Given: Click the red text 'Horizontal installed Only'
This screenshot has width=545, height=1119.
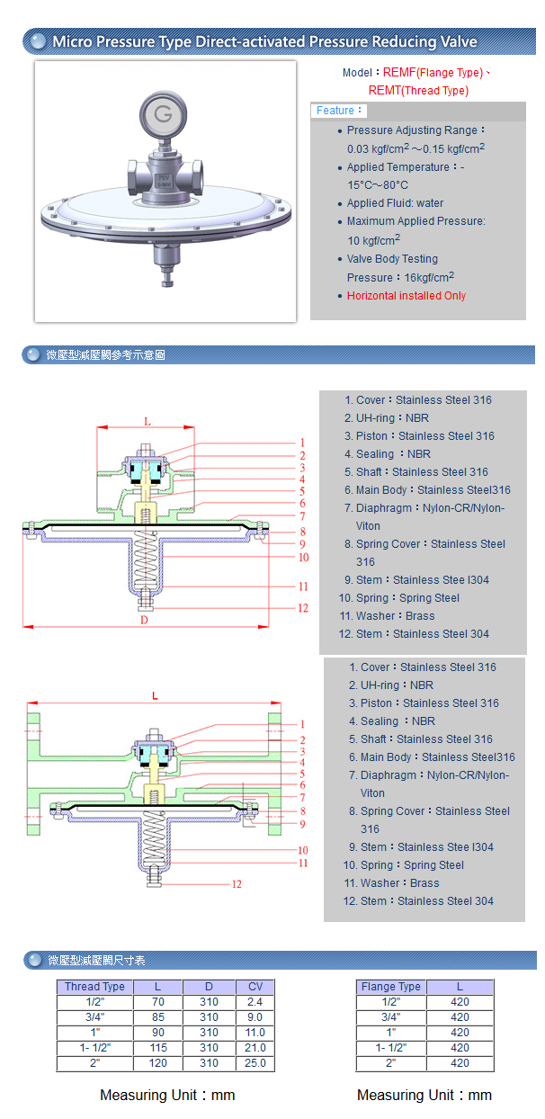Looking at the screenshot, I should [x=407, y=296].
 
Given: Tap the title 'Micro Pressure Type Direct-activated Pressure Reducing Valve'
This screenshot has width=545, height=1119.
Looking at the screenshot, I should [x=264, y=42].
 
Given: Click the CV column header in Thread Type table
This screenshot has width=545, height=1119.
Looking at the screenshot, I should [x=255, y=987].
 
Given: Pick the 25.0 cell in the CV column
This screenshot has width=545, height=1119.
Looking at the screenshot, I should [x=255, y=1063].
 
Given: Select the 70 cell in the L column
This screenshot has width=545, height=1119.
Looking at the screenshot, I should [x=157, y=1002].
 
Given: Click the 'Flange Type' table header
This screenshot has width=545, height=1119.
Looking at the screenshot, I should [x=390, y=987].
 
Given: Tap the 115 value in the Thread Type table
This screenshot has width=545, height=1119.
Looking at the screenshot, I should [x=157, y=1048].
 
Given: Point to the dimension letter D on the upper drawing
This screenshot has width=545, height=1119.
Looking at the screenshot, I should [x=144, y=619].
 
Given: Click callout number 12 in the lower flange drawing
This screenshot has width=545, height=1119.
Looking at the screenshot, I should [x=237, y=884].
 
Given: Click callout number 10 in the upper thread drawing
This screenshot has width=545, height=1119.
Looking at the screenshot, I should [x=303, y=558].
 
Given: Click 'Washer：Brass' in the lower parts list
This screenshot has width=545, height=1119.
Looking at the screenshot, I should [x=399, y=883].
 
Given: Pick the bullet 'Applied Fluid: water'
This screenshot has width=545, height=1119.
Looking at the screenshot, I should [x=395, y=203].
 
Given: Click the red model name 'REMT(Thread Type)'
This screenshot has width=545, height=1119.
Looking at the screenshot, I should [x=418, y=91].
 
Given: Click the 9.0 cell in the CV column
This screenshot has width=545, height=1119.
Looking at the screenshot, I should [x=255, y=1017].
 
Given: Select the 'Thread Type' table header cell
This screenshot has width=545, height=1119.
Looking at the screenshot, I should [x=94, y=987].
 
